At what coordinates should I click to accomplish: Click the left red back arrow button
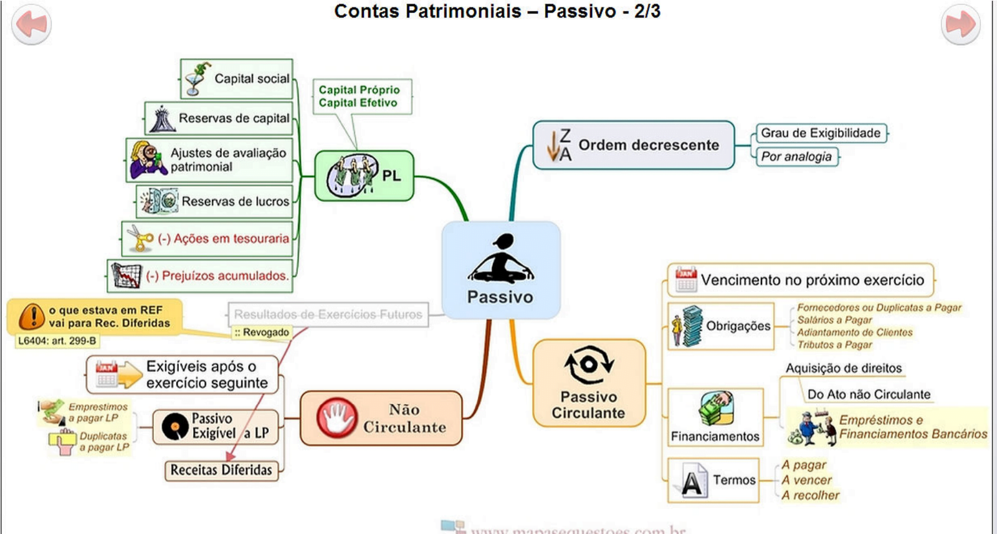[31, 24]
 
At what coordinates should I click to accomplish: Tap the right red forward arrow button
[960, 24]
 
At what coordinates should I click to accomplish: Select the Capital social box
[237, 79]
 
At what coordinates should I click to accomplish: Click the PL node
[364, 176]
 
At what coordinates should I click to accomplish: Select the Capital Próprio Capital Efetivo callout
[361, 96]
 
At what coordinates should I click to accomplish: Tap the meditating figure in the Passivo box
[501, 259]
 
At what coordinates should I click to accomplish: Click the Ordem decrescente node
[633, 145]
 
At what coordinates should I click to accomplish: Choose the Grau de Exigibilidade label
[821, 133]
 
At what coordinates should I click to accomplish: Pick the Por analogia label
[796, 156]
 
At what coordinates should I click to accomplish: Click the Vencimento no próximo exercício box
[801, 280]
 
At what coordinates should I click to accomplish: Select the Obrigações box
[721, 326]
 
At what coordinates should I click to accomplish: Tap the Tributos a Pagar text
[834, 345]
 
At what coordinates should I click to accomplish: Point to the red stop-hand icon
[336, 417]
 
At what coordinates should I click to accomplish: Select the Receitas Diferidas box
[221, 470]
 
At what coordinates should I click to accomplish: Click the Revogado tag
[262, 333]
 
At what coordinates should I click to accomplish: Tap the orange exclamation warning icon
[31, 317]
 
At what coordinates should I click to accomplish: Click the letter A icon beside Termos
[692, 481]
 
